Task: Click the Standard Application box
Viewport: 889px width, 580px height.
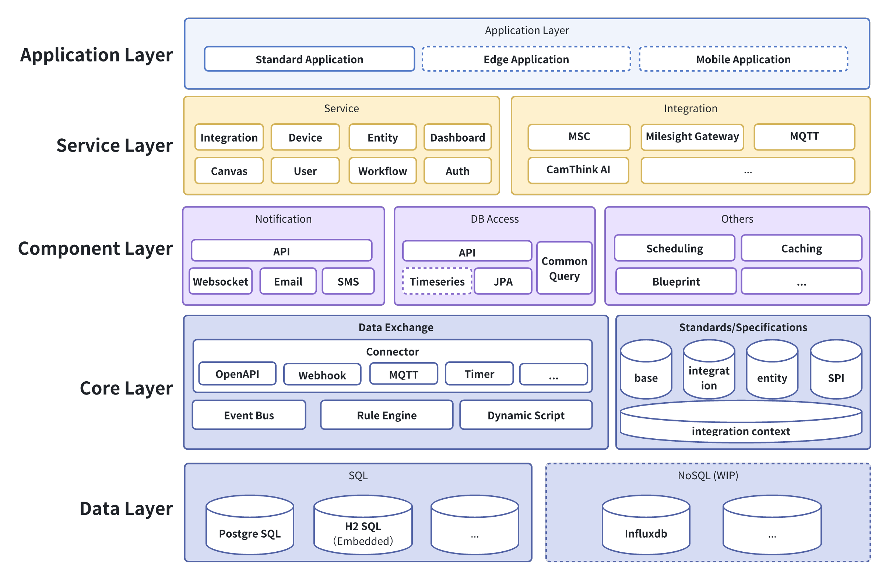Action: (309, 59)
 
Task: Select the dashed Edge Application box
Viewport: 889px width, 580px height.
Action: (526, 59)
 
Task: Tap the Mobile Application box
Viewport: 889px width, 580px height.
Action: (743, 59)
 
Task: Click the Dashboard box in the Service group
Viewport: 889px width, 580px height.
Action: (457, 137)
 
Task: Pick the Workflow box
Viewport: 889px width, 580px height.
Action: (383, 171)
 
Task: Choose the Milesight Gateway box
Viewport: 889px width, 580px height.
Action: (692, 137)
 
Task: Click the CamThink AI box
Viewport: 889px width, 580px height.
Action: (578, 170)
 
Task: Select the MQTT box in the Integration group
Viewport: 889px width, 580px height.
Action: (804, 137)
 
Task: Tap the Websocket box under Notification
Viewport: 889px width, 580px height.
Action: (220, 282)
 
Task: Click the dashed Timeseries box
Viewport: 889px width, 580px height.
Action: (437, 282)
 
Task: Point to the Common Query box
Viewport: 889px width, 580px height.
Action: (565, 268)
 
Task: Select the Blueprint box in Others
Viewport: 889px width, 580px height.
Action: (676, 282)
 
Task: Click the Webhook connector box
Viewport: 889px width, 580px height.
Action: (322, 375)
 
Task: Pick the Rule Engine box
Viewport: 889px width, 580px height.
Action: (387, 415)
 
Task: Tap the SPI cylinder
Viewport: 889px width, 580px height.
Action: (836, 373)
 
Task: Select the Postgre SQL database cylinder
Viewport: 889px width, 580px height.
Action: (250, 528)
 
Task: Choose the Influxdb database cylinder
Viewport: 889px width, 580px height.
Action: (646, 528)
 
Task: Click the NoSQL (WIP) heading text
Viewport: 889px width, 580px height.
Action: (708, 475)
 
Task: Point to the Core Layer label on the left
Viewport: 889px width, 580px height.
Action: (126, 388)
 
